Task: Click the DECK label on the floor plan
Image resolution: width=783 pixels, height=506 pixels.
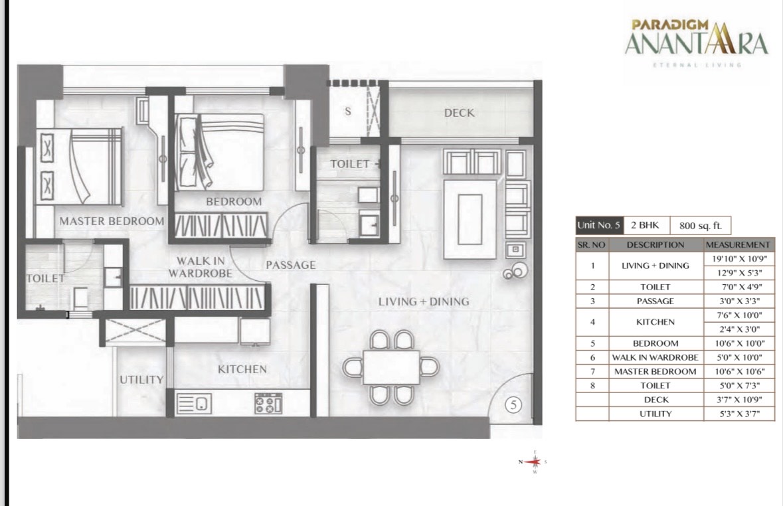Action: coord(460,113)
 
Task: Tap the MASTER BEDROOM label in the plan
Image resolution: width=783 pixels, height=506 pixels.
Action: coord(112,221)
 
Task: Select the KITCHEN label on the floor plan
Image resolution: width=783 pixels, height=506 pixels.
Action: coord(242,369)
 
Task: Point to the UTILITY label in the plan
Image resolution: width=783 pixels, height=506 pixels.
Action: coord(141,380)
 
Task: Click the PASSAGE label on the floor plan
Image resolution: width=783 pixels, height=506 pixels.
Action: coord(291,265)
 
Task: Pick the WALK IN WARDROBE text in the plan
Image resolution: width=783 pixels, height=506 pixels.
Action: coord(201,267)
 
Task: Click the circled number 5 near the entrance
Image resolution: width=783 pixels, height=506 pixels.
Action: coord(513,404)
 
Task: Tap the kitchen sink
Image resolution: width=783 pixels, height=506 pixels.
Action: coord(194,403)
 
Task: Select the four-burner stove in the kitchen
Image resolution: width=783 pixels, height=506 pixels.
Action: coord(269,403)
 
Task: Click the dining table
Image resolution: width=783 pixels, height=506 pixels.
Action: coord(391,367)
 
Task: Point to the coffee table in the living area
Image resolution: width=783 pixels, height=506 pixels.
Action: coord(470,219)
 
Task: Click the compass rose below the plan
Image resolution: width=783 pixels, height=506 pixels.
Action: coord(535,462)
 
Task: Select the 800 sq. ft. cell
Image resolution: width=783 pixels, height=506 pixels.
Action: coord(700,226)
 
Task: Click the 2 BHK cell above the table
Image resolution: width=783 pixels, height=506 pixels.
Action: coord(645,225)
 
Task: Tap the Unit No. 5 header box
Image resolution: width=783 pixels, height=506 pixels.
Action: coord(599,225)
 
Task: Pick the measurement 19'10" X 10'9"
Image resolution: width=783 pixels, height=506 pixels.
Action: coord(739,259)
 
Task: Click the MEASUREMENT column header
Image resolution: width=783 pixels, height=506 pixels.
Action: coord(738,245)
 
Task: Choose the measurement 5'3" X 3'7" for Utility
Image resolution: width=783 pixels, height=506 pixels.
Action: coord(740,414)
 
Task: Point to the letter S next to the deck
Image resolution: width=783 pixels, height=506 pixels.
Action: coord(348,112)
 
